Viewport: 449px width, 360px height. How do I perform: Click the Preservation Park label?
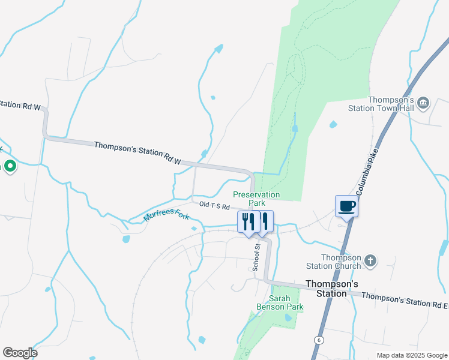[x=256, y=199]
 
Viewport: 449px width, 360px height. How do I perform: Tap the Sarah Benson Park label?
[x=286, y=302]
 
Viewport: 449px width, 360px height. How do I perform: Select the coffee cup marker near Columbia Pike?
[x=346, y=206]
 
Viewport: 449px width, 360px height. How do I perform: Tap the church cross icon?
[x=371, y=260]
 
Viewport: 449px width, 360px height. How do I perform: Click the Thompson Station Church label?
[x=341, y=262]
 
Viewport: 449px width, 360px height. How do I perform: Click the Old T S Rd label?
[x=215, y=206]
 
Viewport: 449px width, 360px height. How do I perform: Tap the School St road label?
[x=256, y=257]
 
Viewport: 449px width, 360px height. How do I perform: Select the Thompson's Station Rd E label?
[x=404, y=297]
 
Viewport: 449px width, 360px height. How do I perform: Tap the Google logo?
[x=20, y=353]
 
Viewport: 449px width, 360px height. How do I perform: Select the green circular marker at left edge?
[x=10, y=166]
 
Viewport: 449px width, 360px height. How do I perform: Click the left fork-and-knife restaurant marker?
[x=247, y=221]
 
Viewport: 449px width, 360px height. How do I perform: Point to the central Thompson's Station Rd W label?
[x=137, y=152]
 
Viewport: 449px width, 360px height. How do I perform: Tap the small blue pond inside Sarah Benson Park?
[x=288, y=317]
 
